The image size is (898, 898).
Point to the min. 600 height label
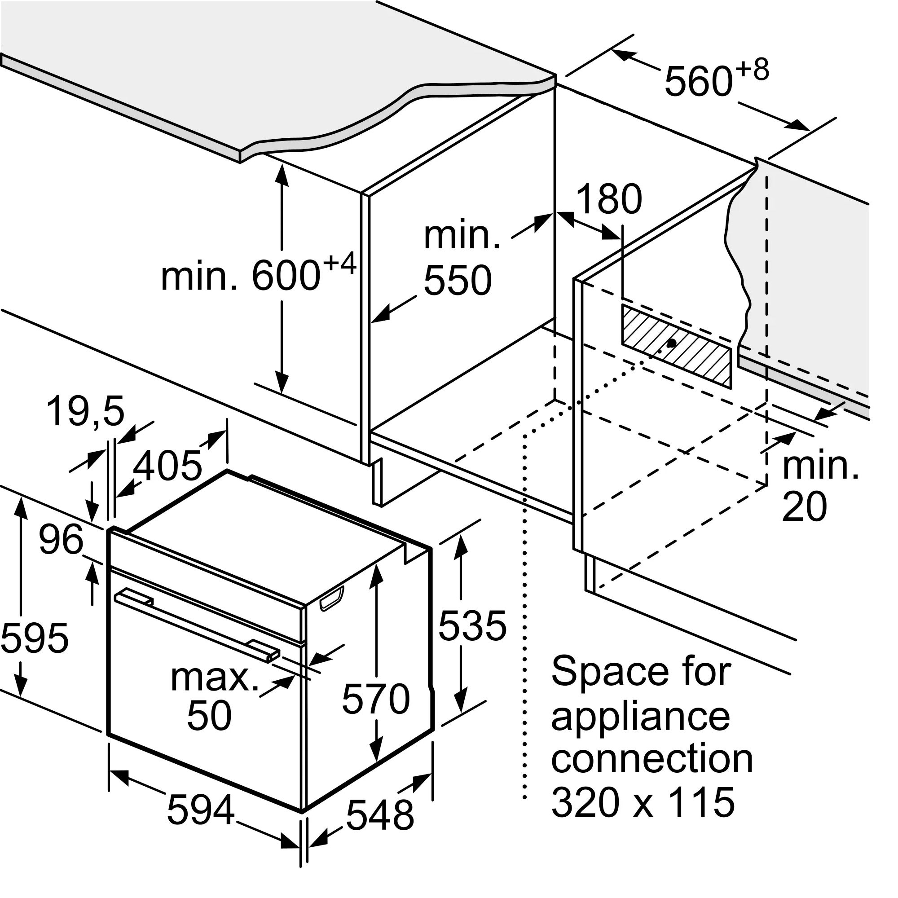pos(259,273)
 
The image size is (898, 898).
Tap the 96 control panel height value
pos(61,540)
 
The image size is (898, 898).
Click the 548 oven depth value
pos(380,815)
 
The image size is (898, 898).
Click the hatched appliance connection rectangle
pos(676,346)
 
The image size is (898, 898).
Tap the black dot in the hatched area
pos(671,343)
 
